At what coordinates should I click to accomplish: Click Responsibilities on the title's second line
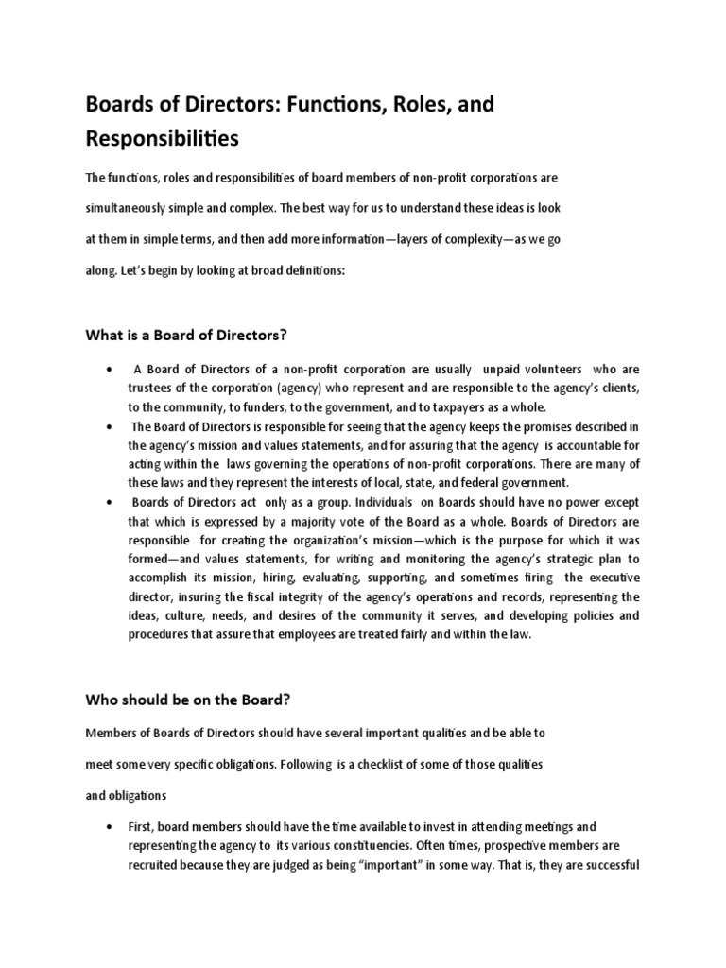(x=163, y=139)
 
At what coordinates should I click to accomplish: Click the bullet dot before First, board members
(x=112, y=825)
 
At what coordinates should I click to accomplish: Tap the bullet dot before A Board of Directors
(x=112, y=369)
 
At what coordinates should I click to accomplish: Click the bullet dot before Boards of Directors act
(x=112, y=499)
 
